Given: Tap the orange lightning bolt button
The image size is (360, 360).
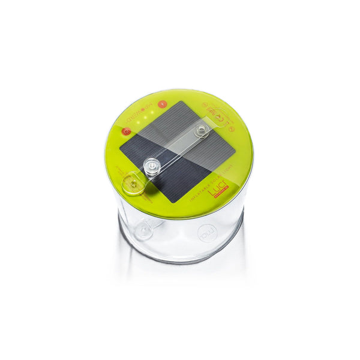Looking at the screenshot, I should point(161,104).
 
